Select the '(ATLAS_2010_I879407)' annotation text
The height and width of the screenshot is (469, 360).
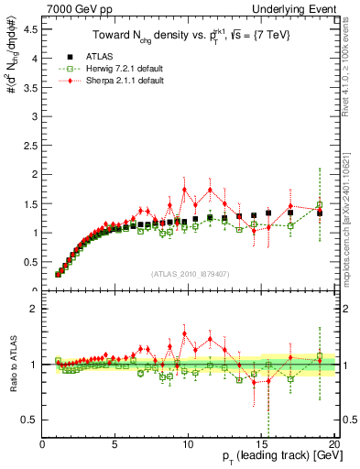tap(189, 273)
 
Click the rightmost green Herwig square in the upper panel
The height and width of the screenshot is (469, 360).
tap(320, 205)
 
